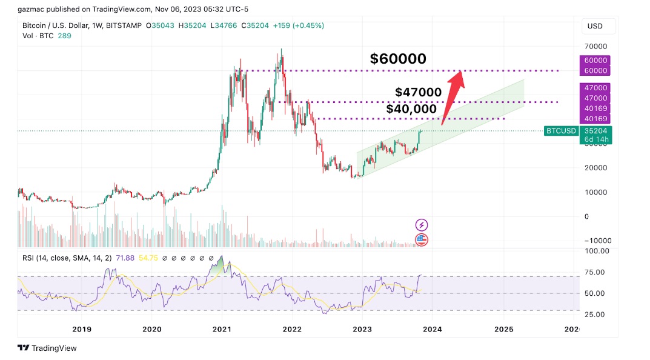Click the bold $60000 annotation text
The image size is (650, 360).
(x=398, y=59)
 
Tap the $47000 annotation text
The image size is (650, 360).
(x=418, y=92)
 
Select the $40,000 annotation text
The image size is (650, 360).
(x=411, y=109)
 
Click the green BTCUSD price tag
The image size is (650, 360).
(x=561, y=130)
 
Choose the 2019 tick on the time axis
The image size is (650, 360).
(x=82, y=329)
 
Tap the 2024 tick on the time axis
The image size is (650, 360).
(x=432, y=329)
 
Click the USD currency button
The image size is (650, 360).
(x=595, y=26)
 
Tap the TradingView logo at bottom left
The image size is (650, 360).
(x=47, y=348)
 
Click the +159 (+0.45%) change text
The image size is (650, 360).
(x=298, y=25)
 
